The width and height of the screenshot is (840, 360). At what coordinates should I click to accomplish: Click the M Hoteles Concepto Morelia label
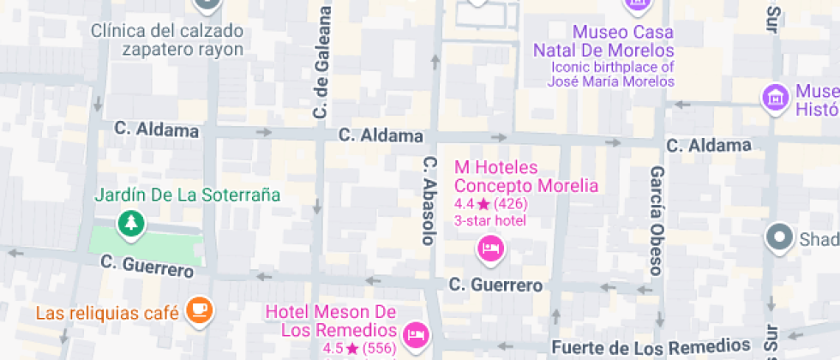[x=525, y=177]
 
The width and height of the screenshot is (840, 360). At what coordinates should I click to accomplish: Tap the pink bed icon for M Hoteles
[x=490, y=249]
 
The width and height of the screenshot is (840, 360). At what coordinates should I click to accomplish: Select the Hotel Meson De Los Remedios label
[x=331, y=321]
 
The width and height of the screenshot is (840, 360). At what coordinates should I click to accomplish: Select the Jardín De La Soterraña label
[x=188, y=195]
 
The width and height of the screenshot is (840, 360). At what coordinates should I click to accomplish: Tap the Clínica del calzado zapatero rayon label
[x=167, y=39]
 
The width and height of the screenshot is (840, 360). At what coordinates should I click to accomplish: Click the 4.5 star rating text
[x=359, y=348]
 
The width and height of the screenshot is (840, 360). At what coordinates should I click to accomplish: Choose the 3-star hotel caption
[x=489, y=220]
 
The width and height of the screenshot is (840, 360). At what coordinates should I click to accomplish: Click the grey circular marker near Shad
[x=779, y=237]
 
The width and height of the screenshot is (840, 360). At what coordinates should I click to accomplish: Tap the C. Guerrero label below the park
[x=147, y=266]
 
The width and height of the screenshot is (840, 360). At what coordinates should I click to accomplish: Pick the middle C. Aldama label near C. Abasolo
[x=381, y=135]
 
